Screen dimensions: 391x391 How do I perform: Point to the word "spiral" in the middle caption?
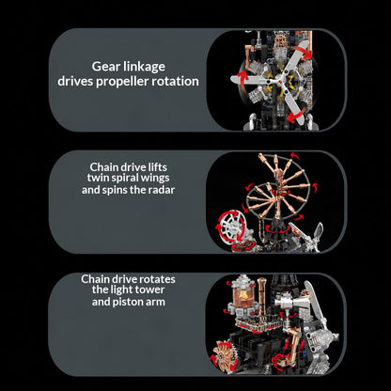(x=120, y=179)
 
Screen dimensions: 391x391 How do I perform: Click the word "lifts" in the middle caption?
(x=157, y=166)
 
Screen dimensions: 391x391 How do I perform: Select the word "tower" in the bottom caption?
(x=149, y=289)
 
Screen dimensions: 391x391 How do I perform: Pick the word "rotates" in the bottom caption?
(x=157, y=279)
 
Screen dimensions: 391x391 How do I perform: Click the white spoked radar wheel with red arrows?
(x=231, y=227)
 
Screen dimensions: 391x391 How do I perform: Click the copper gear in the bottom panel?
(x=224, y=355)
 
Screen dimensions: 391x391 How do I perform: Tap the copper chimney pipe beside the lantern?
(x=262, y=296)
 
